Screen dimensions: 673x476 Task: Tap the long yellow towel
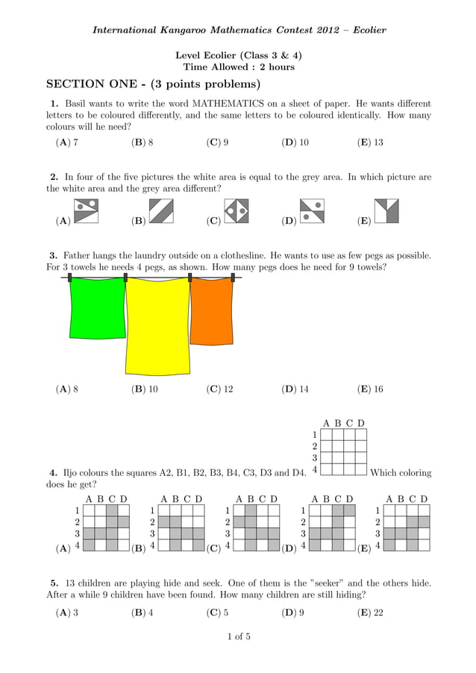click(x=158, y=328)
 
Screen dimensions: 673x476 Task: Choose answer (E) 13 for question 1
click(x=370, y=142)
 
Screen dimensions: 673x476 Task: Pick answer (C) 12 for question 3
click(x=219, y=389)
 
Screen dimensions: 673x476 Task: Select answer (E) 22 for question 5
click(x=370, y=613)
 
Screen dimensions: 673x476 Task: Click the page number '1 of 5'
click(x=238, y=636)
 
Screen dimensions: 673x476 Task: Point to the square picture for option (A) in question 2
click(x=87, y=211)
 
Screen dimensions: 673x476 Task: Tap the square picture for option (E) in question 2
click(x=386, y=211)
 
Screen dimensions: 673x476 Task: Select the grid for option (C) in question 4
click(x=256, y=528)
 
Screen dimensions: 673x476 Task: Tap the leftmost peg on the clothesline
click(x=69, y=278)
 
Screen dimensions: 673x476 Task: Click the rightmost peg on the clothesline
click(x=235, y=278)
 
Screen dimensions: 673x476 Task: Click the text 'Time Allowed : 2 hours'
click(x=238, y=67)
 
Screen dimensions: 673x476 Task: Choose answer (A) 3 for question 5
click(x=67, y=613)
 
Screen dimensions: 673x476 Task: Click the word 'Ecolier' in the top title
click(x=367, y=31)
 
